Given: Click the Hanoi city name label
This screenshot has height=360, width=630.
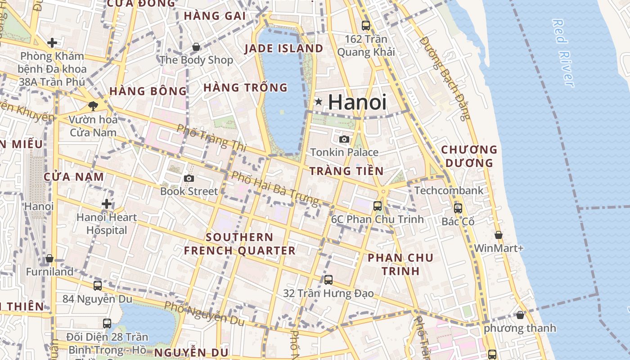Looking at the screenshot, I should [357, 102].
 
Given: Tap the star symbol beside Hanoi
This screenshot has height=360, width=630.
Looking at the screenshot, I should [319, 102].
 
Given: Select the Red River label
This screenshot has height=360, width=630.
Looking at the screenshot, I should [563, 53].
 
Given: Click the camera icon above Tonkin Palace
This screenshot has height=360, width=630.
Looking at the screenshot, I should [344, 139].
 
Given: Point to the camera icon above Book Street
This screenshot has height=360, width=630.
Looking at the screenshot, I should [189, 178].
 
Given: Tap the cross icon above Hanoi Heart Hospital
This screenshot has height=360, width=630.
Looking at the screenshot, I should [107, 204].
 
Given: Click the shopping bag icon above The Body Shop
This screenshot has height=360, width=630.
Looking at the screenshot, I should [196, 46].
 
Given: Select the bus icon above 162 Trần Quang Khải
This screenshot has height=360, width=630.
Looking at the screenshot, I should [366, 26].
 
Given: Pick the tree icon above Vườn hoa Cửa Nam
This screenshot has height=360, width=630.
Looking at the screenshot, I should [93, 106].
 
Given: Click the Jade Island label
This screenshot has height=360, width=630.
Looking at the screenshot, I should [284, 49].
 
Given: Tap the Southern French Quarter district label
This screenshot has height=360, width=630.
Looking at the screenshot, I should [239, 244].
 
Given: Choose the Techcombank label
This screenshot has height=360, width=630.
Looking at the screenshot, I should [449, 190].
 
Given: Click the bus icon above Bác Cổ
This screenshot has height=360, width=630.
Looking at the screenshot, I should [458, 208].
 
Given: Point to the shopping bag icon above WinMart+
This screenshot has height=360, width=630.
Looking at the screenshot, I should [499, 235].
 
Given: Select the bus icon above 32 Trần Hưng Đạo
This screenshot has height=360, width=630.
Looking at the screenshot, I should [328, 280].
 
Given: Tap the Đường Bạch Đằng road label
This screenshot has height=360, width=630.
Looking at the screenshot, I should [445, 78].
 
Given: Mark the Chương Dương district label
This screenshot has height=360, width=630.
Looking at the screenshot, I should [469, 156].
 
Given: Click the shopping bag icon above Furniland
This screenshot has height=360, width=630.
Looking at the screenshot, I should [49, 258].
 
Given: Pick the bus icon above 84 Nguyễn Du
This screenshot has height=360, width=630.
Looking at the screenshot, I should [98, 285].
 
